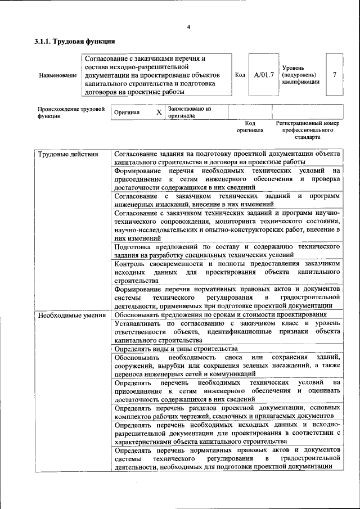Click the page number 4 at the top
pyautogui.click(x=188, y=27)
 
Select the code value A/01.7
pyautogui.click(x=263, y=75)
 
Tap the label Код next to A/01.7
pyautogui.click(x=240, y=75)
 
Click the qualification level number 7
pyautogui.click(x=335, y=75)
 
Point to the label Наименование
pyautogui.click(x=58, y=75)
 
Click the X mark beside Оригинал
pyautogui.click(x=159, y=112)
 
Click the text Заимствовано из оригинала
pyautogui.click(x=189, y=112)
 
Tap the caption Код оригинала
pyautogui.click(x=250, y=126)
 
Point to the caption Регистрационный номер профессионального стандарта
pyautogui.click(x=307, y=129)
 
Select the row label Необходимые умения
pyautogui.click(x=71, y=314)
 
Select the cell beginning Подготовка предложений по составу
pyautogui.click(x=226, y=250)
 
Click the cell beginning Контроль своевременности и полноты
pyautogui.click(x=226, y=271)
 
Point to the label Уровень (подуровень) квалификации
pyautogui.click(x=301, y=74)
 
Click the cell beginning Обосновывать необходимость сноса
pyautogui.click(x=226, y=365)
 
